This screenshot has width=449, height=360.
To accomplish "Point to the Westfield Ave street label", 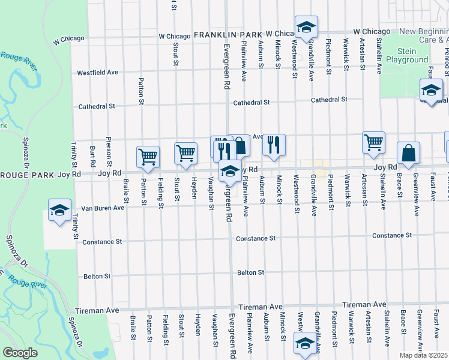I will (97, 73).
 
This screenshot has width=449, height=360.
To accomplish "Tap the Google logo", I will (20, 353).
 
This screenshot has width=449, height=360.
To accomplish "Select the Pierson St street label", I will (109, 154).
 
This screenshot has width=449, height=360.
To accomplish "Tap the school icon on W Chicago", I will (306, 27).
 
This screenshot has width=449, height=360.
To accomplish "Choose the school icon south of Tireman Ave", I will (305, 344).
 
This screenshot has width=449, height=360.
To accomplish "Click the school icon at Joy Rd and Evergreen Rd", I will (229, 171).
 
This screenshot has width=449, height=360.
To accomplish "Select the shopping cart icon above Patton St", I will (148, 157).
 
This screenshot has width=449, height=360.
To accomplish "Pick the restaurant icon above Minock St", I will (274, 145).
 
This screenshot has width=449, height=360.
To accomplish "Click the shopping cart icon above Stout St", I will (186, 152).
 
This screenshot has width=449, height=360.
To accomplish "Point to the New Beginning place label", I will (424, 32).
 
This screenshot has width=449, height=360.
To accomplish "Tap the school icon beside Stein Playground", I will (431, 90).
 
